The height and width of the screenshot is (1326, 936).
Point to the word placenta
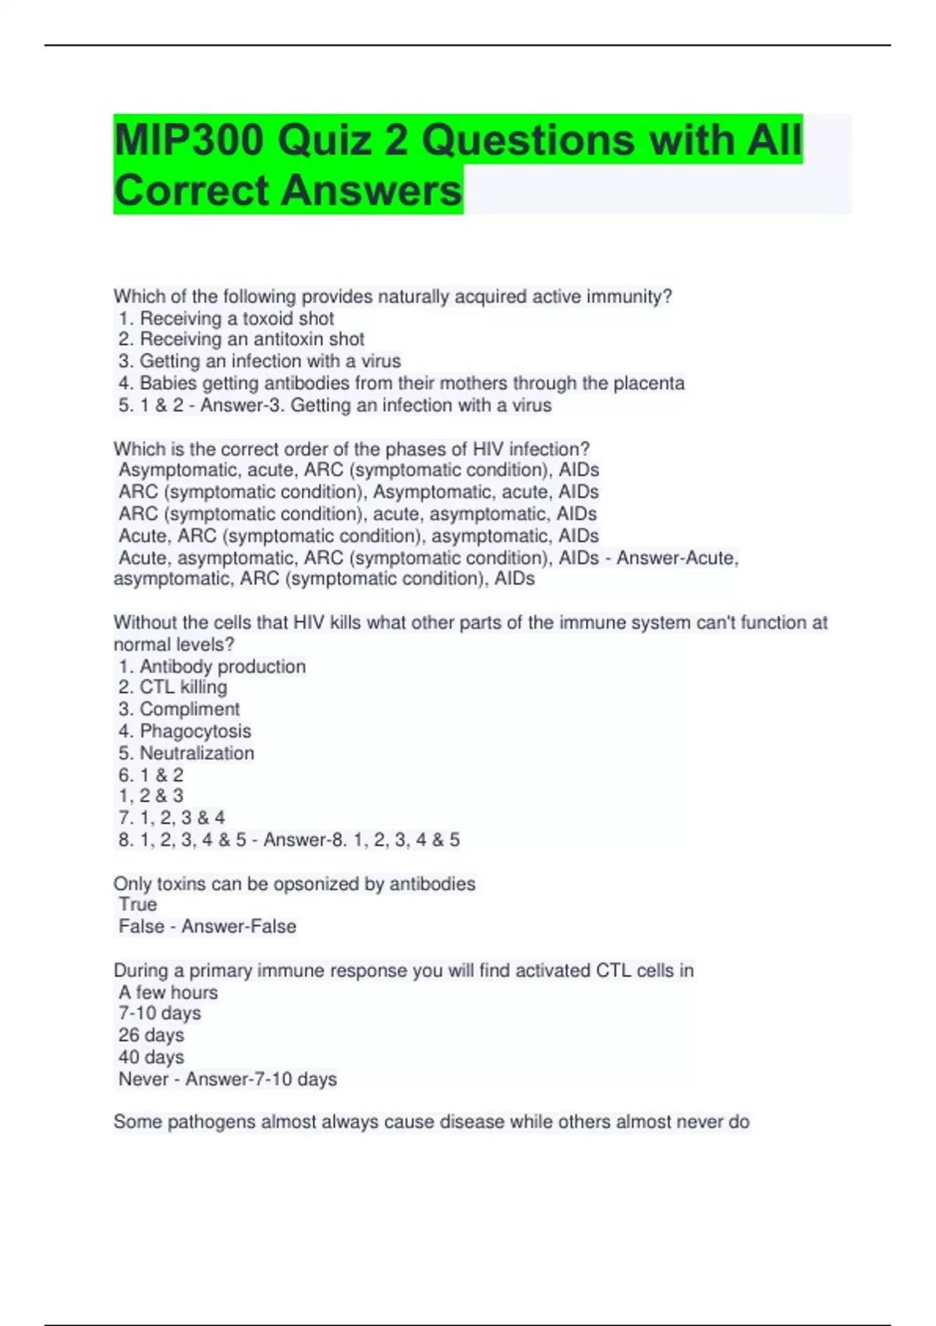(x=648, y=383)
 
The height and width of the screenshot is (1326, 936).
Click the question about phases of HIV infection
(x=351, y=449)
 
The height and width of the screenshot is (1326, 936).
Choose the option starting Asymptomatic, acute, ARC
(x=358, y=470)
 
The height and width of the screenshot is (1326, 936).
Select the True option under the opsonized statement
(x=138, y=904)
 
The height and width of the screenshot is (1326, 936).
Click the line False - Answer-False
(x=207, y=926)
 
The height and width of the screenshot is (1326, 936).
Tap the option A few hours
(x=168, y=992)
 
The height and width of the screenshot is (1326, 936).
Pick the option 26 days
(x=151, y=1035)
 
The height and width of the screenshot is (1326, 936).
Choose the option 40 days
(x=151, y=1057)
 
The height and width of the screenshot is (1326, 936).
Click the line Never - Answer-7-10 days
(x=228, y=1079)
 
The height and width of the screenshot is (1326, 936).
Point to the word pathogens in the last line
(x=211, y=1122)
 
